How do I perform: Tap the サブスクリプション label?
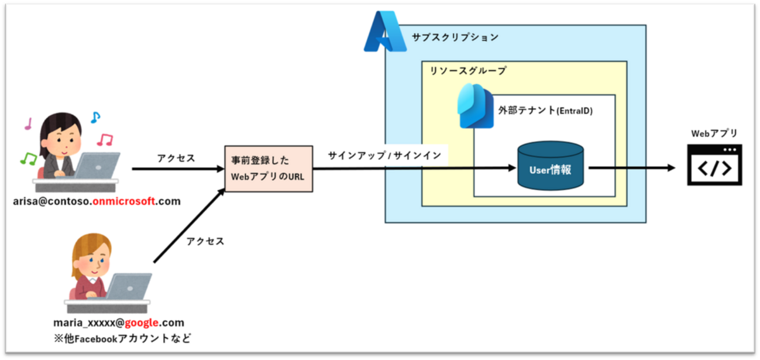pyautogui.click(x=455, y=37)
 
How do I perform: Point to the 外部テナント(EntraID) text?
pyautogui.click(x=545, y=110)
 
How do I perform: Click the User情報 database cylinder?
pyautogui.click(x=550, y=168)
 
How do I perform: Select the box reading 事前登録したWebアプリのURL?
pyautogui.click(x=269, y=168)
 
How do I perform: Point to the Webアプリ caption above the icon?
pyautogui.click(x=714, y=133)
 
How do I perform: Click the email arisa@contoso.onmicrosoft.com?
pyautogui.click(x=97, y=202)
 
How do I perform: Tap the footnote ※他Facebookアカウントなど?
pyautogui.click(x=121, y=338)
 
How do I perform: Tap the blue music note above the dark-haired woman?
pyautogui.click(x=95, y=118)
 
